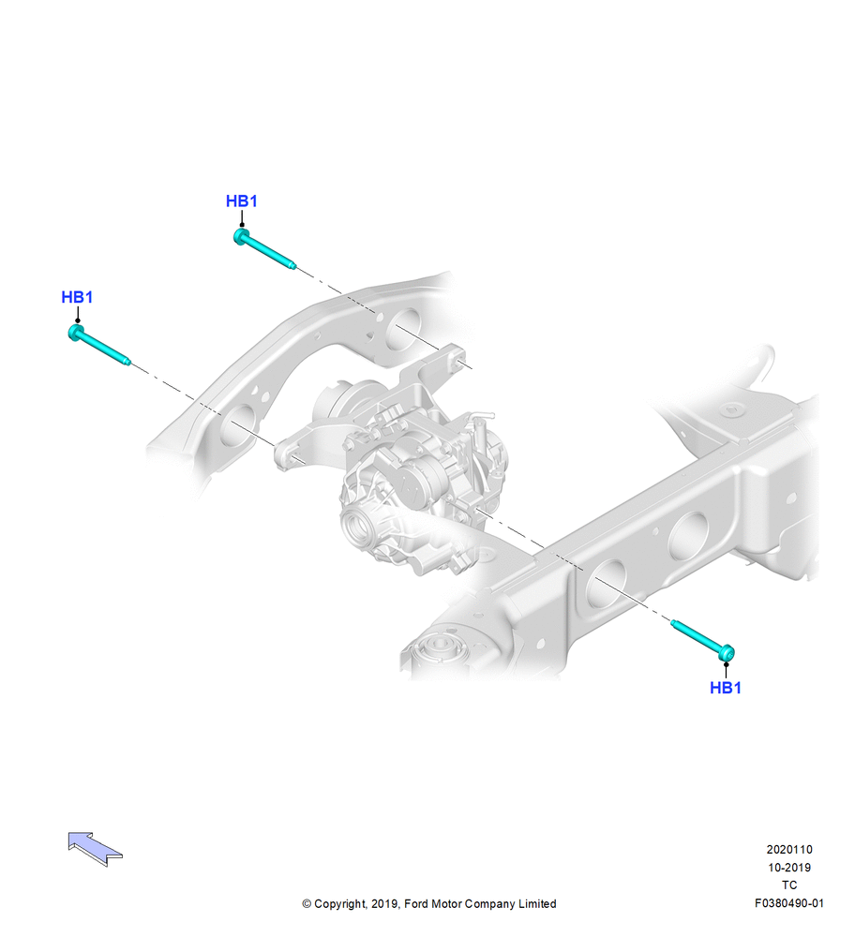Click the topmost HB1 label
click(x=242, y=201)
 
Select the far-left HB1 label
click(x=77, y=297)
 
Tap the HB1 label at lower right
click(x=726, y=688)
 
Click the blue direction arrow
click(x=95, y=848)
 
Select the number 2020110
click(x=789, y=849)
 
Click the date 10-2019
click(x=789, y=867)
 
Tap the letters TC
click(x=789, y=885)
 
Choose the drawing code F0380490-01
click(x=789, y=903)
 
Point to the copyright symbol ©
click(x=307, y=904)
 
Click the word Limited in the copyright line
click(x=536, y=903)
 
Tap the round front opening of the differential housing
click(x=361, y=527)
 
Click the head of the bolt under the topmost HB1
click(x=241, y=236)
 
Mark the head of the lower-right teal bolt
click(x=727, y=653)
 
